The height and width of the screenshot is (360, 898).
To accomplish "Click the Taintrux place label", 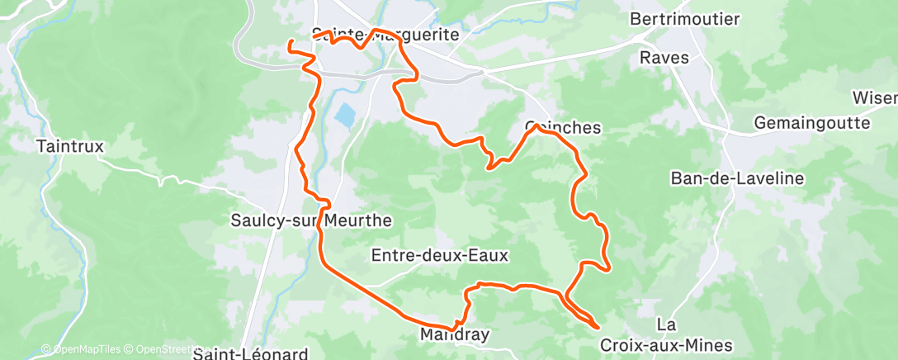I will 70,146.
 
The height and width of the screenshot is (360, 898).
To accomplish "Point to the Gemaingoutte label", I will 812,123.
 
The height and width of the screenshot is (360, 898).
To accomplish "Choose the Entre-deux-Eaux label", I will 440,255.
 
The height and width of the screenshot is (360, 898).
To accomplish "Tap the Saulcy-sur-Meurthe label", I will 310,220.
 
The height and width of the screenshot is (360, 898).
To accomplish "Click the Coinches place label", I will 563,128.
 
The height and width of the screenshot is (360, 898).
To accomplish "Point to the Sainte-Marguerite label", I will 385,35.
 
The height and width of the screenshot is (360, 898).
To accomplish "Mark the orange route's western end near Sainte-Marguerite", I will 290,42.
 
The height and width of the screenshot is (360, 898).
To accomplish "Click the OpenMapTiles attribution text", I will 83,349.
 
